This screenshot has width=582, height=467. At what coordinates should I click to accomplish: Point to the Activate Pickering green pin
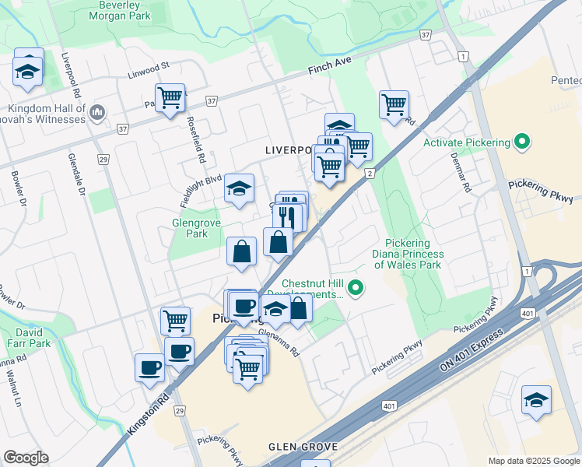pyautogui.click(x=522, y=142)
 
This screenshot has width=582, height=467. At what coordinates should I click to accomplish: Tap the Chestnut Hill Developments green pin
pyautogui.click(x=356, y=289)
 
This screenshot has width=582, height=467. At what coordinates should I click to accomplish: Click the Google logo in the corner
pyautogui.click(x=26, y=458)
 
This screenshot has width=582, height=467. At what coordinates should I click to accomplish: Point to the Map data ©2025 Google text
pyautogui.click(x=533, y=461)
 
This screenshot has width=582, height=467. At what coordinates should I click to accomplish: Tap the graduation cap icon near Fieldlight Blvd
pyautogui.click(x=240, y=188)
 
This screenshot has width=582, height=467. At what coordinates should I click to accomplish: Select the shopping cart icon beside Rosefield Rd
pyautogui.click(x=170, y=98)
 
